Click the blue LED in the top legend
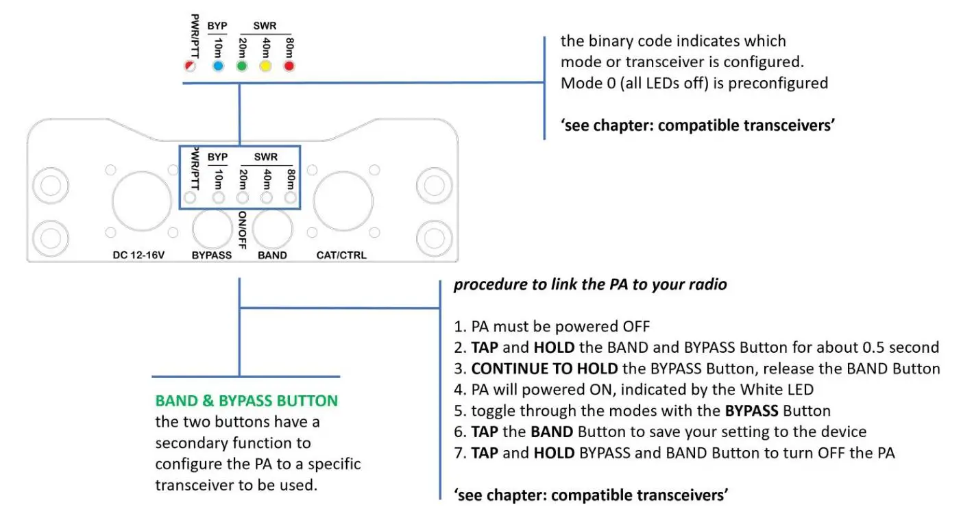[x=218, y=66]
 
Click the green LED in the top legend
[x=242, y=66]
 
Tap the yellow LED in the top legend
[x=265, y=66]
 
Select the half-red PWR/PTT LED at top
[x=190, y=66]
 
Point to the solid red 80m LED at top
[x=289, y=66]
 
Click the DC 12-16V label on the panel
[x=140, y=256]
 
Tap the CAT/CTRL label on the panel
[x=341, y=256]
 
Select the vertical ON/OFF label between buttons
[x=242, y=229]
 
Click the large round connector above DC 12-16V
[x=142, y=201]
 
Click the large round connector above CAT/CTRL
[x=343, y=201]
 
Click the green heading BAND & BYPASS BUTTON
[x=247, y=401]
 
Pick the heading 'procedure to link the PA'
[x=589, y=284]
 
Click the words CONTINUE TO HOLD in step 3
[x=545, y=369]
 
